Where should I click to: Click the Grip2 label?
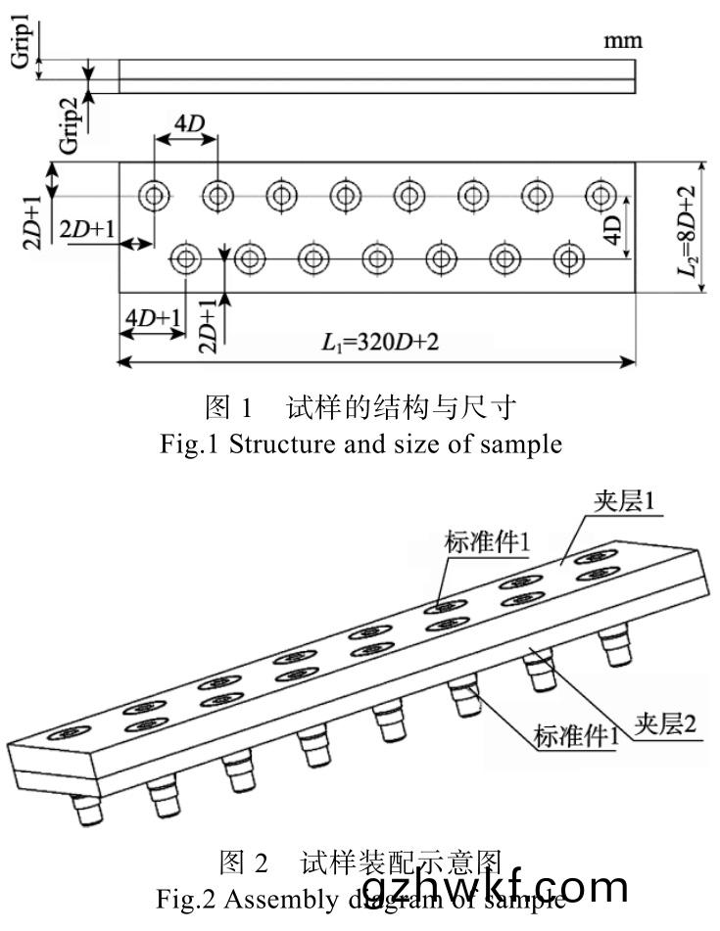click(x=68, y=125)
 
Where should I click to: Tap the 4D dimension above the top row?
click(x=188, y=125)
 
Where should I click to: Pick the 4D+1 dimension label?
click(x=152, y=317)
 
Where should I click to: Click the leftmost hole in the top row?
click(x=154, y=195)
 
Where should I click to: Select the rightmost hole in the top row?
click(x=600, y=195)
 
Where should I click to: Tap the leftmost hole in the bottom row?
click(x=185, y=259)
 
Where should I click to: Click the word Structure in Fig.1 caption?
click(x=285, y=444)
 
